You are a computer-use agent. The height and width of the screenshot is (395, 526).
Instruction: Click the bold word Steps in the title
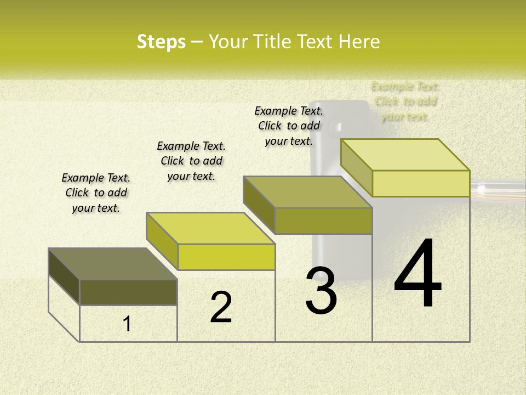(161, 42)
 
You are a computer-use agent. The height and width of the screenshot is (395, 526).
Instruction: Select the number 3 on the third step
(321, 291)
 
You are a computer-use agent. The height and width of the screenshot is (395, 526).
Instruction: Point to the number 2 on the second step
(221, 307)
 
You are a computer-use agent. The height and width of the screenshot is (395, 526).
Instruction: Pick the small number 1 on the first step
(127, 324)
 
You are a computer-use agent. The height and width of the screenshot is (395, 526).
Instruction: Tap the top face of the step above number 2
(210, 228)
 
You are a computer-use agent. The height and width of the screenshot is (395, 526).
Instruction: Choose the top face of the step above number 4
(405, 155)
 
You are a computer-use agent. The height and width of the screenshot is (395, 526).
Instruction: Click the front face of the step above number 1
(128, 292)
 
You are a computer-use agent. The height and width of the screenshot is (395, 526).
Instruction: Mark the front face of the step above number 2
(226, 257)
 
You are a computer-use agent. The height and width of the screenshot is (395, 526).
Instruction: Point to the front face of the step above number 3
(323, 221)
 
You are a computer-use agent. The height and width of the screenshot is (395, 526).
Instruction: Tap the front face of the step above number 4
(421, 183)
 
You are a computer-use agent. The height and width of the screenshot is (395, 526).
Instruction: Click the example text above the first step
(96, 193)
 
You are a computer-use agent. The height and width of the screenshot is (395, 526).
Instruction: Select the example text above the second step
(191, 161)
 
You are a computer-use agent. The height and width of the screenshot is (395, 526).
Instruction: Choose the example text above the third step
(289, 126)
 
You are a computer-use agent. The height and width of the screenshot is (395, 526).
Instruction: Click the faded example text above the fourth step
(405, 101)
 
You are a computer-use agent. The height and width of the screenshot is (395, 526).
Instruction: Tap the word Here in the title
(359, 42)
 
